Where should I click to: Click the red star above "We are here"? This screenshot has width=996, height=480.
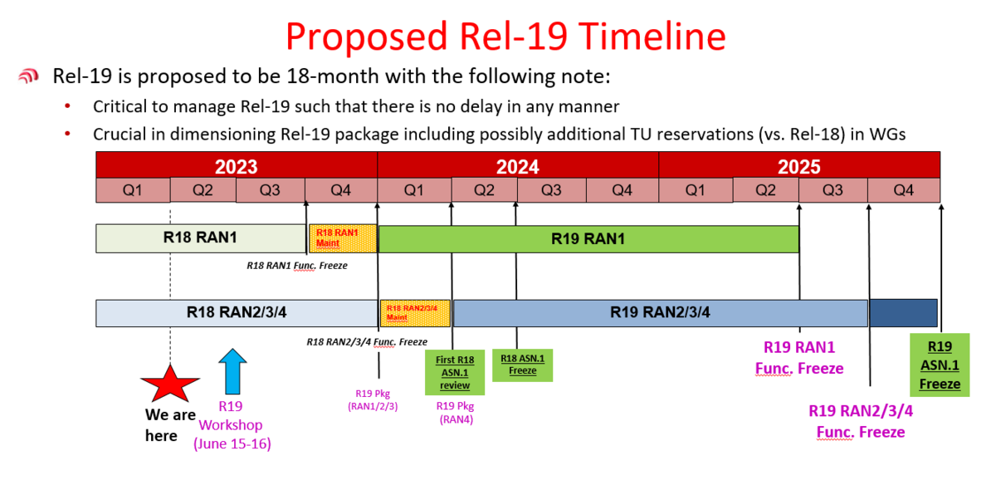pos(170,384)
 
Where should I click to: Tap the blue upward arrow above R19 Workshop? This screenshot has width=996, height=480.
pos(232,371)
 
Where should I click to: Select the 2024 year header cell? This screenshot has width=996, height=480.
pos(518,166)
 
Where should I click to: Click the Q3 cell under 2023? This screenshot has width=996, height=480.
pos(271,190)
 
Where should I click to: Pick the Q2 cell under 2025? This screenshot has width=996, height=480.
pos(765,190)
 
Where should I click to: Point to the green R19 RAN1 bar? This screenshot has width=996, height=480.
pos(588,239)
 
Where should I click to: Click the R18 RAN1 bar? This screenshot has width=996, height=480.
pos(201,238)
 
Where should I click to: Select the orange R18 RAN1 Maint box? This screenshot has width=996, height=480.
pos(343,238)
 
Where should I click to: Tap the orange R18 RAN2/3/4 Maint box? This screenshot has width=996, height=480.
pos(415,313)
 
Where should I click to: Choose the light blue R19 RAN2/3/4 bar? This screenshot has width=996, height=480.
pos(661,313)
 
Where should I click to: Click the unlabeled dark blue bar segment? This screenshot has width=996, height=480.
pos(904,313)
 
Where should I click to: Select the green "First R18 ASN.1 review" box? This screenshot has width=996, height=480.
pos(455,372)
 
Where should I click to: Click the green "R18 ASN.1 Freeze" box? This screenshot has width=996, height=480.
pos(522,365)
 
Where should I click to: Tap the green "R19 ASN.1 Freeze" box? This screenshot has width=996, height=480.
pos(940,365)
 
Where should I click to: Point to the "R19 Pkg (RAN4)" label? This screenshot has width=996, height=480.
pos(456,413)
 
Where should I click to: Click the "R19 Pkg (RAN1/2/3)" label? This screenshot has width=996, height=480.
pos(373,400)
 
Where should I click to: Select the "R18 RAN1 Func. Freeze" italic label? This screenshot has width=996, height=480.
pos(297,266)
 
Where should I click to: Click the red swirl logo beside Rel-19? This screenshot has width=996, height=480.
pos(28,76)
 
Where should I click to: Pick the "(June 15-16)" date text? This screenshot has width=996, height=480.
pos(232,444)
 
